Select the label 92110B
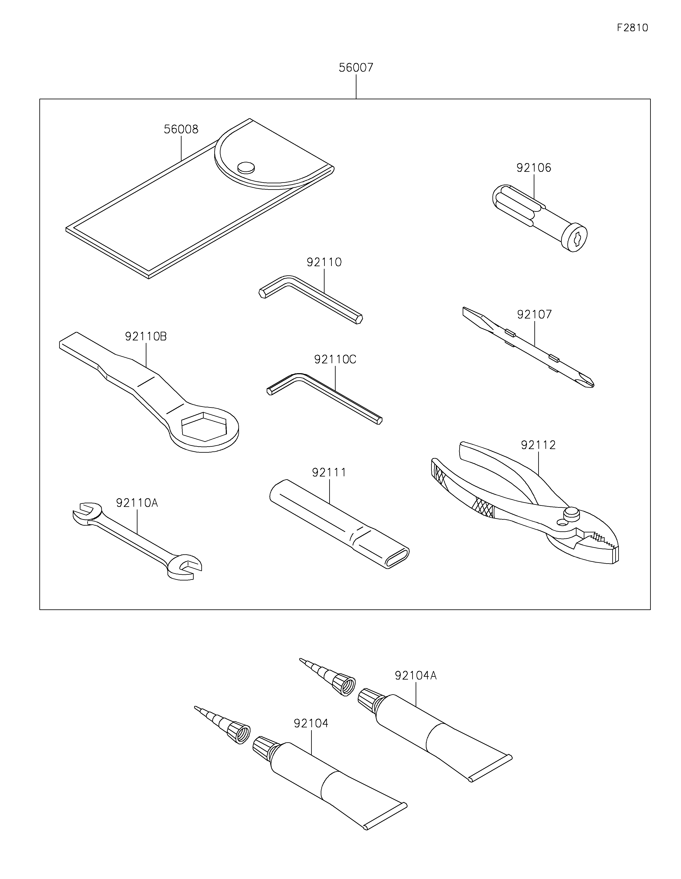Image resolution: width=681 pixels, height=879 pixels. [146, 336]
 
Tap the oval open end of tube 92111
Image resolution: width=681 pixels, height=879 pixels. [397, 558]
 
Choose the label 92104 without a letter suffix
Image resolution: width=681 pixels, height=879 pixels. [311, 723]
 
